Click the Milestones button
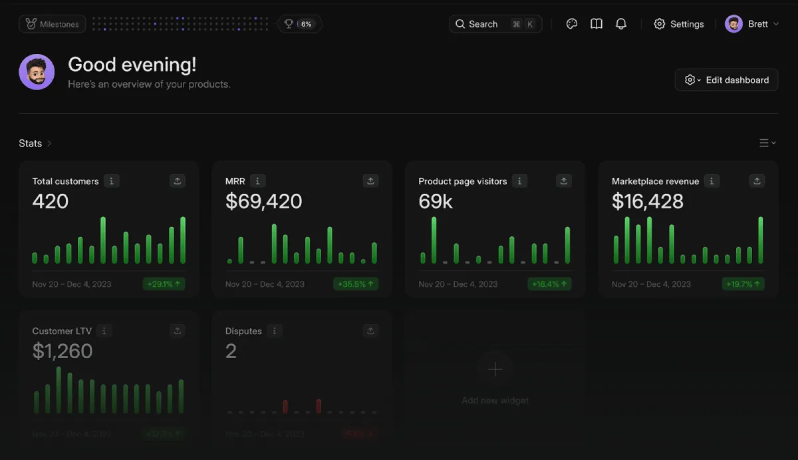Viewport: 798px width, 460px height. tap(53, 24)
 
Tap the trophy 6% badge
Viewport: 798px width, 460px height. tap(299, 24)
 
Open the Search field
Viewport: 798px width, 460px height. tap(495, 24)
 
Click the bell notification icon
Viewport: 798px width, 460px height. tap(621, 24)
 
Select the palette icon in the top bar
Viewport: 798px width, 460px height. tap(572, 24)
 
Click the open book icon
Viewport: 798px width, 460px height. tap(597, 24)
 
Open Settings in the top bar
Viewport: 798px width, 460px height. tap(678, 24)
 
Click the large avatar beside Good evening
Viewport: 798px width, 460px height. tap(37, 72)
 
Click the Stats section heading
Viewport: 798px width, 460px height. tap(31, 143)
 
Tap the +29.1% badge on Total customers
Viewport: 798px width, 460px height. tap(164, 284)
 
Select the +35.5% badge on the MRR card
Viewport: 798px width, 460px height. tap(356, 284)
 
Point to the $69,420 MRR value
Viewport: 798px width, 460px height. tap(264, 202)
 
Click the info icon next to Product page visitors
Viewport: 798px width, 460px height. tap(520, 181)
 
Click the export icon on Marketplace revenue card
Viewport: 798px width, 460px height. tap(757, 181)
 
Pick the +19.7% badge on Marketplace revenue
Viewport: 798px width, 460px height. tap(743, 284)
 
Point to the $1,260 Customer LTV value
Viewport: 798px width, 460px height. tap(63, 351)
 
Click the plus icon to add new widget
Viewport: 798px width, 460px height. tap(495, 369)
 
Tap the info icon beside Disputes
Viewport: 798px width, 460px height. tap(274, 331)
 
